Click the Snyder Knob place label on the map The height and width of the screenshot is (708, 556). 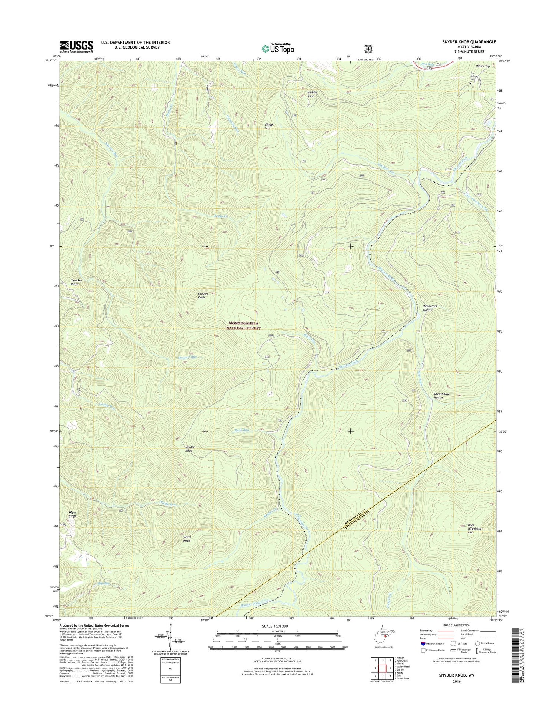tap(190, 449)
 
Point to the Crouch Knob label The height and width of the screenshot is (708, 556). tap(203, 295)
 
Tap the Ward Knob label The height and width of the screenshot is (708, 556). tap(187, 539)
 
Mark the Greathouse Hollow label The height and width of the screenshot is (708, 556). tap(441, 396)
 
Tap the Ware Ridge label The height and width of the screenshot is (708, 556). tap(72, 514)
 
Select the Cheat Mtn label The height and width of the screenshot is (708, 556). tap(269, 126)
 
